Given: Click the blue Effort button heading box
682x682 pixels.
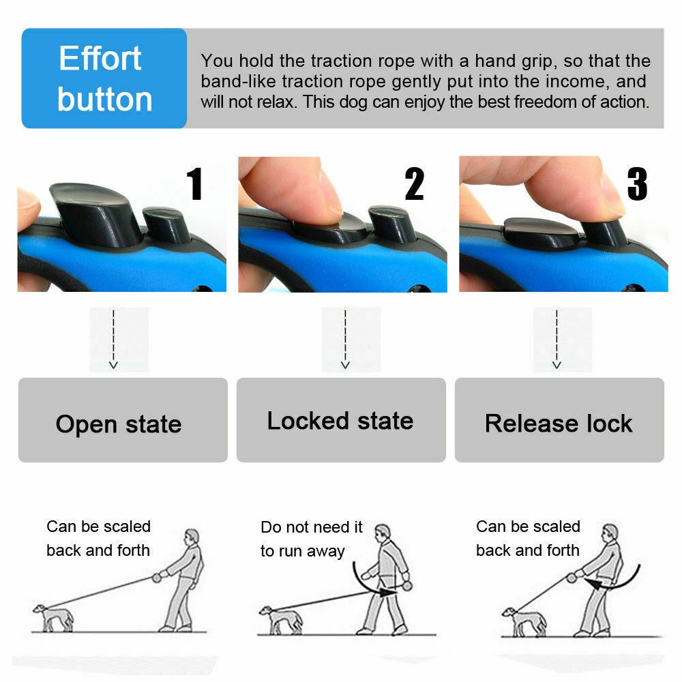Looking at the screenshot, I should [x=104, y=78].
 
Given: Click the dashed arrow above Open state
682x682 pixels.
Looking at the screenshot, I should [x=114, y=339].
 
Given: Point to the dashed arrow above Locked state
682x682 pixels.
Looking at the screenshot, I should [x=346, y=339].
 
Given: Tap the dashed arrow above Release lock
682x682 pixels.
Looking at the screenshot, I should [x=557, y=339].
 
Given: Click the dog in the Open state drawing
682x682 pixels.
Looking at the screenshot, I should [x=53, y=617].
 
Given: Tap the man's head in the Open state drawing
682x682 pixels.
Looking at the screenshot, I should [x=192, y=536].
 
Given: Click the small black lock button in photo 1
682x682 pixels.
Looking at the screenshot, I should [x=166, y=225].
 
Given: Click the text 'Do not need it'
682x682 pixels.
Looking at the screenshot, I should [x=312, y=527].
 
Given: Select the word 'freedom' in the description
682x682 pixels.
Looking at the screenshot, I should [x=537, y=102].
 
